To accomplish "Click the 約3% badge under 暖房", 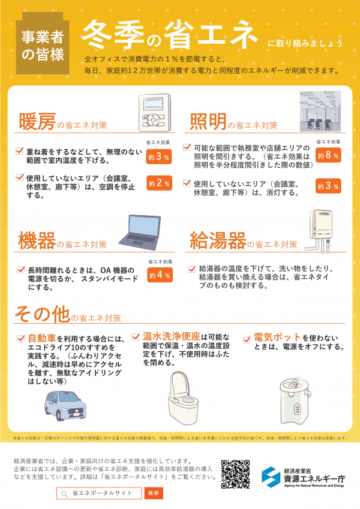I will click(159, 156).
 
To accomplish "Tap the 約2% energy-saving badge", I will click(159, 183).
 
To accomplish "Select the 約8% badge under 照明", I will click(328, 155).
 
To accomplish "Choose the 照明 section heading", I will click(208, 122).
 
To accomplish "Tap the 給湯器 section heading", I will click(217, 241).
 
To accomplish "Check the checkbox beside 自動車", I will click(22, 339).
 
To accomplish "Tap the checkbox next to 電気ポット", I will click(247, 339).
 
